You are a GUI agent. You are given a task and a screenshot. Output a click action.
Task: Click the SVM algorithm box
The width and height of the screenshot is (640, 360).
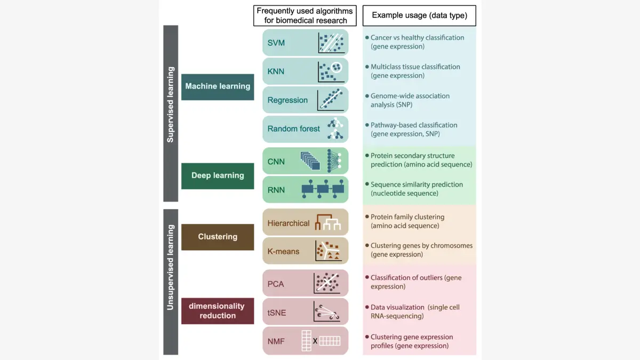(305, 43)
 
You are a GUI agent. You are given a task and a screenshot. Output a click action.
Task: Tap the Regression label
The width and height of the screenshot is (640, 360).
(287, 100)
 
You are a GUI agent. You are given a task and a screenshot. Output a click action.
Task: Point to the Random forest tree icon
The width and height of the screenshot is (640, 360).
(335, 129)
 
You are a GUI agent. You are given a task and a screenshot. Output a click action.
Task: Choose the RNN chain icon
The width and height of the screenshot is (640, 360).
(323, 190)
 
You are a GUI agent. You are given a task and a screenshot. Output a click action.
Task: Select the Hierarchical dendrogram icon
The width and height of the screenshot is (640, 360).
(328, 222)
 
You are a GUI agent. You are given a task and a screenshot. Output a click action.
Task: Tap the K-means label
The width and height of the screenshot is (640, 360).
(283, 251)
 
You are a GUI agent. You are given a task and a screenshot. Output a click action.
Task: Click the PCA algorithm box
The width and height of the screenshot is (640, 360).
(305, 283)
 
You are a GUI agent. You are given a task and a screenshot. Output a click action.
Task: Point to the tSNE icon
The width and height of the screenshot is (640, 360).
(327, 312)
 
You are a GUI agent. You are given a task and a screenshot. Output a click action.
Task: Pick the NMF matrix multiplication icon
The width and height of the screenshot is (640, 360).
(321, 341)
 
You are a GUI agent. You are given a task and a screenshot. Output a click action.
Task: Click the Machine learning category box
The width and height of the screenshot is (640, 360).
(218, 86)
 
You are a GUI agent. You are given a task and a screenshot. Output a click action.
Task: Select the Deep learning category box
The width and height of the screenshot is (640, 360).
(218, 175)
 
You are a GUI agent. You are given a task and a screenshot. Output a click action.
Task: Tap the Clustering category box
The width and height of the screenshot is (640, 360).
(218, 237)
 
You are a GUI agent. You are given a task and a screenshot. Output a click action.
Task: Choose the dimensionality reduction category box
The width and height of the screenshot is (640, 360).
(218, 311)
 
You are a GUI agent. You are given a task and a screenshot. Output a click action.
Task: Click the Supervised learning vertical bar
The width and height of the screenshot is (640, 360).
(171, 113)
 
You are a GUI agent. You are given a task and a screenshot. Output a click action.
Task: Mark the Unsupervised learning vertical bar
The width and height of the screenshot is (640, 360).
(171, 282)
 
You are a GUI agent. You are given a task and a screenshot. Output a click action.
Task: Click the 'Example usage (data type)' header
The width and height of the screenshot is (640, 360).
(419, 15)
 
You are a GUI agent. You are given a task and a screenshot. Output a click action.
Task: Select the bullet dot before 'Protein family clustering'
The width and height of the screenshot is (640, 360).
(367, 217)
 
